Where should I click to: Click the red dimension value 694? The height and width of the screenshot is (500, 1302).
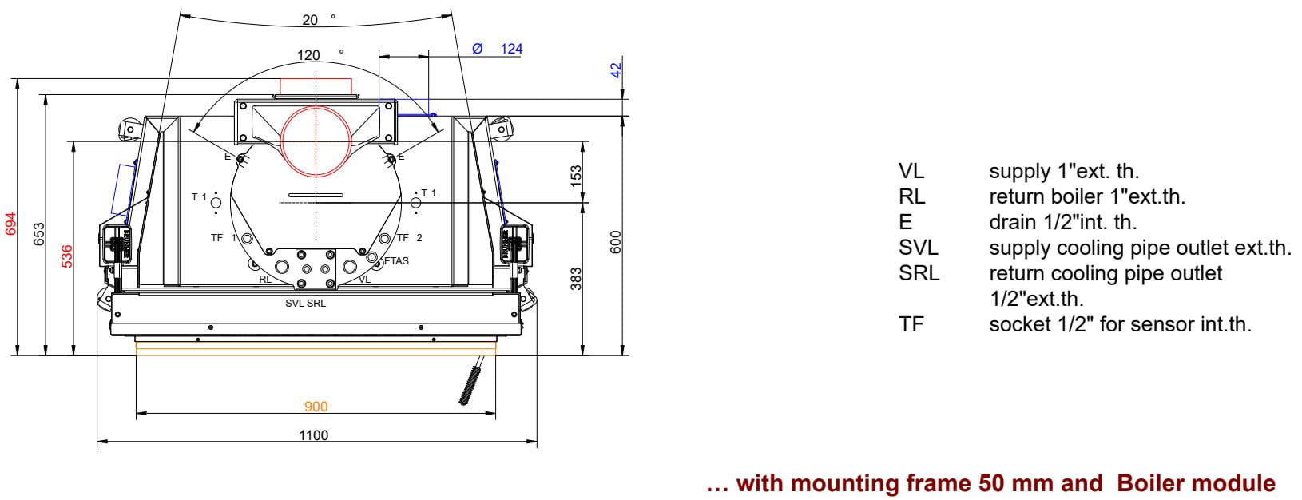click(10, 224)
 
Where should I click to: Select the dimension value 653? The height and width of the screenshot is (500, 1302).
click(38, 234)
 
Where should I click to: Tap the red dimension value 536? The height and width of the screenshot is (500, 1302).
click(67, 256)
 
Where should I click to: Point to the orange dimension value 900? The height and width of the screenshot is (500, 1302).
click(316, 407)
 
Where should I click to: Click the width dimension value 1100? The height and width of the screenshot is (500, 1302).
click(314, 435)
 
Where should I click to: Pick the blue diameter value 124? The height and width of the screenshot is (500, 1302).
click(511, 49)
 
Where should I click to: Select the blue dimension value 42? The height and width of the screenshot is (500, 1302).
click(616, 70)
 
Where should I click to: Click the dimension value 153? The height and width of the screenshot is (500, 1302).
click(575, 177)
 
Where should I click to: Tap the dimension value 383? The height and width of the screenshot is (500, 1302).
click(575, 279)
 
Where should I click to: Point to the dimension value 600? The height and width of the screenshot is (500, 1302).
click(616, 242)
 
